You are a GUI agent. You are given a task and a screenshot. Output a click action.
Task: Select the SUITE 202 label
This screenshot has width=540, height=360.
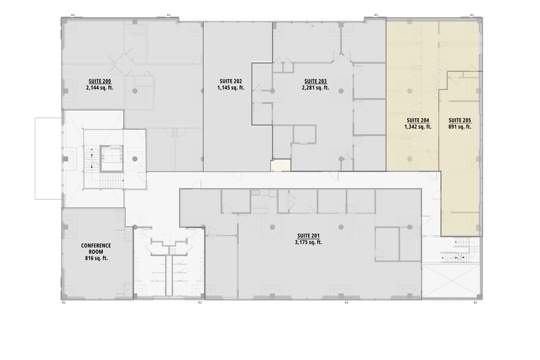click(x=230, y=81)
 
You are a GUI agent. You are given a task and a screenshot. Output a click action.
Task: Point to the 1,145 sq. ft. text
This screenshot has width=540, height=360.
click(x=230, y=88)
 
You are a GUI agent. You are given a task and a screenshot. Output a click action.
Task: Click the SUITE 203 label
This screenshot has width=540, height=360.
click(x=315, y=81)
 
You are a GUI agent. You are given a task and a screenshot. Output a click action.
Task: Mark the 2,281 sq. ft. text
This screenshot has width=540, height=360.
click(x=315, y=88)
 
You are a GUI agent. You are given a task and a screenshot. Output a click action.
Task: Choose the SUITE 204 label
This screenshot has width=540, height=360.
click(x=418, y=120)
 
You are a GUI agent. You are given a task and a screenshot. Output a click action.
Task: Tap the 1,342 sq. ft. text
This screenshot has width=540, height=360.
click(x=418, y=127)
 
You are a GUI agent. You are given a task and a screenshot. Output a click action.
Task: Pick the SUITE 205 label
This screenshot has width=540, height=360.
click(x=459, y=120)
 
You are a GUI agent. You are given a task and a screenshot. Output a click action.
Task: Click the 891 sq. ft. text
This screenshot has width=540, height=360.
click(x=459, y=127)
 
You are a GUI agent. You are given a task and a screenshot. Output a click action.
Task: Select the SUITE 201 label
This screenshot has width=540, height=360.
click(x=308, y=235)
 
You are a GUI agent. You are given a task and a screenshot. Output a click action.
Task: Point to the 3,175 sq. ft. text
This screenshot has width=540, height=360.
click(x=308, y=242)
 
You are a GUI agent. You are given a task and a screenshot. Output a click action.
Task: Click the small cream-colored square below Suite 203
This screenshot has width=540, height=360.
click(x=280, y=165)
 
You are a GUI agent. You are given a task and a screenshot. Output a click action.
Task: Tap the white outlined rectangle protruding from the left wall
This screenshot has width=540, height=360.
click(x=48, y=157)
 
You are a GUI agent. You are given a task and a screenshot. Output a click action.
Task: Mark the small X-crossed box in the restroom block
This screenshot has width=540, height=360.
click(x=173, y=251)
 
